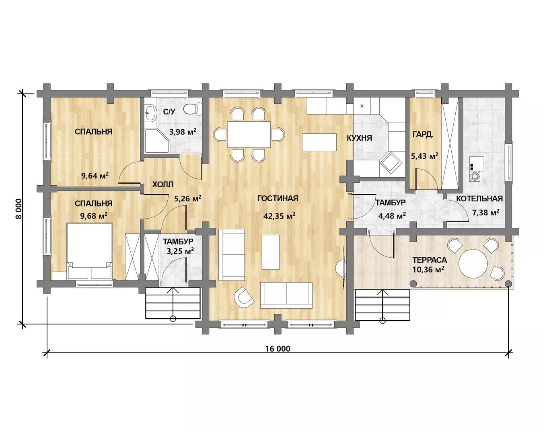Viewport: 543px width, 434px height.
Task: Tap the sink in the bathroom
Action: (150, 113)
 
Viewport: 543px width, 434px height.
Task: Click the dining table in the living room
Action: (249, 134)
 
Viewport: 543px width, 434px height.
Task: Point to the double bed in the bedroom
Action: (89, 251)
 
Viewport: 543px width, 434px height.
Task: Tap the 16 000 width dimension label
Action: (278, 349)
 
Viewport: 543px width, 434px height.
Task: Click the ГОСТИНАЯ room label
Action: (278, 199)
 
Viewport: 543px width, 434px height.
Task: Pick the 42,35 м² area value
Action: (279, 216)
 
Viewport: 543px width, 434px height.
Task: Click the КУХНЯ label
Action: (359, 138)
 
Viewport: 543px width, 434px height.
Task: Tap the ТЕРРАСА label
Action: (430, 260)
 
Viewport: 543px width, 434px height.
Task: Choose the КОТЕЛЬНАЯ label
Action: (479, 199)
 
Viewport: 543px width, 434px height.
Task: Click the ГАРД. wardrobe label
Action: (423, 135)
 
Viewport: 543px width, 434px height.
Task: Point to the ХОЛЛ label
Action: (163, 184)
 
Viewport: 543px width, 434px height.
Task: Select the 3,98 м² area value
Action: (183, 131)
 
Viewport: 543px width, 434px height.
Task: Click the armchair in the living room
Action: (244, 297)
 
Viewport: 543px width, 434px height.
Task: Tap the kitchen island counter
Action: (319, 142)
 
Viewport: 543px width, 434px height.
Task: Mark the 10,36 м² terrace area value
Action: (428, 270)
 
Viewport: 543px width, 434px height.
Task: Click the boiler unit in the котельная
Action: (476, 169)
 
